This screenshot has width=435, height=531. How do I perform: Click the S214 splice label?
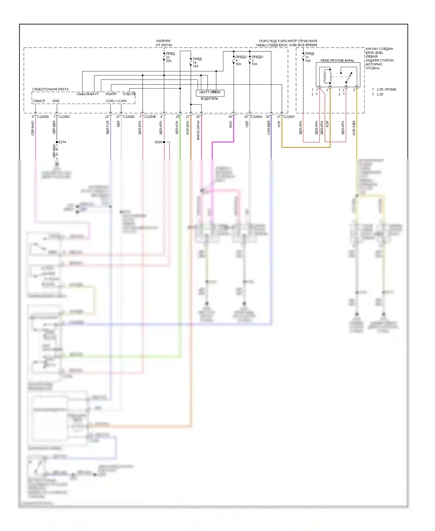(62, 142)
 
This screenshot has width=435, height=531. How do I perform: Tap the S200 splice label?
(158, 142)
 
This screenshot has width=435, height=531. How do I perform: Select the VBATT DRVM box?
(210, 93)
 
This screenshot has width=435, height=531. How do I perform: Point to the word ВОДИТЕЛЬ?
(209, 99)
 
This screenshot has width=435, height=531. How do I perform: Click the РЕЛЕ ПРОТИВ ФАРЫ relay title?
(337, 61)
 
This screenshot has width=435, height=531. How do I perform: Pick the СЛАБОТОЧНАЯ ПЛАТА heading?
(50, 89)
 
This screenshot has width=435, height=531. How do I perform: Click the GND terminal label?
(56, 101)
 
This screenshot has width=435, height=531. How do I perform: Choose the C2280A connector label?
(256, 117)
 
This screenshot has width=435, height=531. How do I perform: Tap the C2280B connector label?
(150, 117)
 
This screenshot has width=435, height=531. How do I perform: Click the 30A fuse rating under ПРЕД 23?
(168, 61)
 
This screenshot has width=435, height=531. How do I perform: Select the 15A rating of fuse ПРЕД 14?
(195, 66)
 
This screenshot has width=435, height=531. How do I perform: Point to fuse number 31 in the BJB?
(307, 57)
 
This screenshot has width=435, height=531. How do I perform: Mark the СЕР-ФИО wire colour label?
(33, 128)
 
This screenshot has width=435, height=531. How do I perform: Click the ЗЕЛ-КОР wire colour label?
(177, 128)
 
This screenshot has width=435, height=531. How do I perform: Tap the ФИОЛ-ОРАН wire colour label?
(198, 130)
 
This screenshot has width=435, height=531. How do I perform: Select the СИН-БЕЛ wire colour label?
(269, 128)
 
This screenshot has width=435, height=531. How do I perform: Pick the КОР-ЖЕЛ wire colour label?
(354, 128)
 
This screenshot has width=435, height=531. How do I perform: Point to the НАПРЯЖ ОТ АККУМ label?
(164, 43)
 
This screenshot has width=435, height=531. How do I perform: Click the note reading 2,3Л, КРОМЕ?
(386, 89)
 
